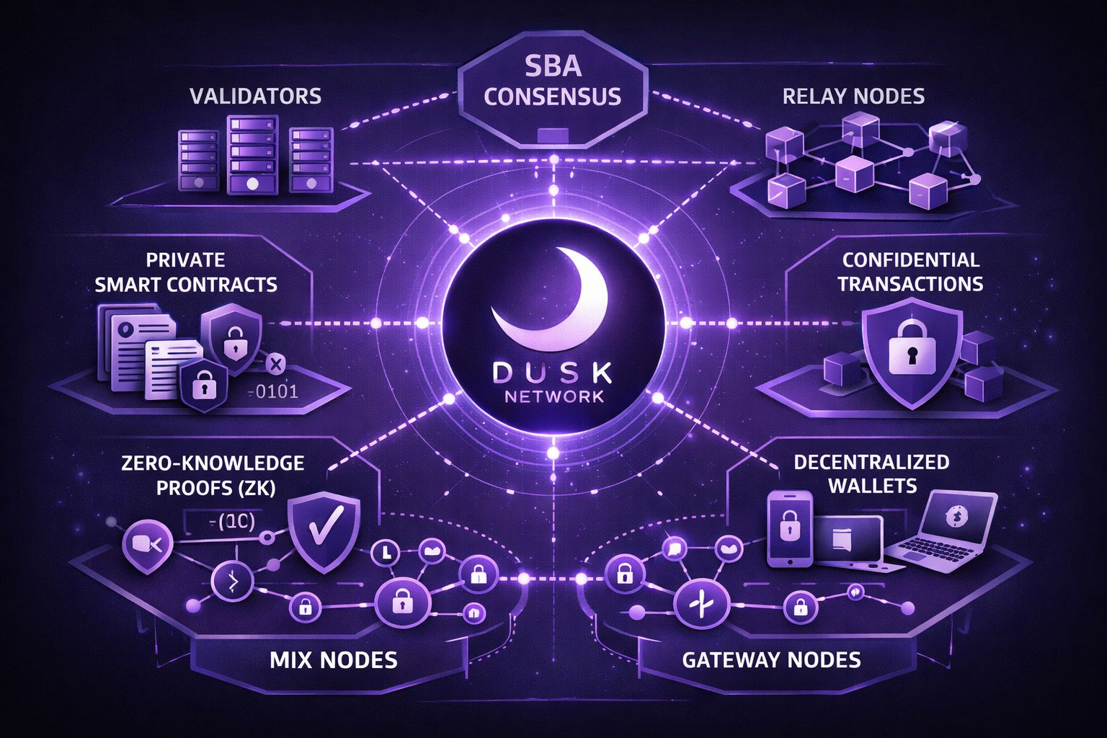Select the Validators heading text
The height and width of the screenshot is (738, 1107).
[x=256, y=96]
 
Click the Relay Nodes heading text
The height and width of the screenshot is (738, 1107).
[x=853, y=96]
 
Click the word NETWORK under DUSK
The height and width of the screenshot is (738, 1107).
[x=553, y=397]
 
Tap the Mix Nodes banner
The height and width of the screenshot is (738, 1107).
[x=333, y=659]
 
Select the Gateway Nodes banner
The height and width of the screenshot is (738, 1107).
[x=771, y=659]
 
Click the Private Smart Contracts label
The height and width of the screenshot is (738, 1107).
[x=185, y=272]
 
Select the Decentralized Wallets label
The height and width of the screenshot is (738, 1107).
[x=871, y=473]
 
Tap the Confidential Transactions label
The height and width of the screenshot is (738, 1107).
[x=910, y=272]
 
